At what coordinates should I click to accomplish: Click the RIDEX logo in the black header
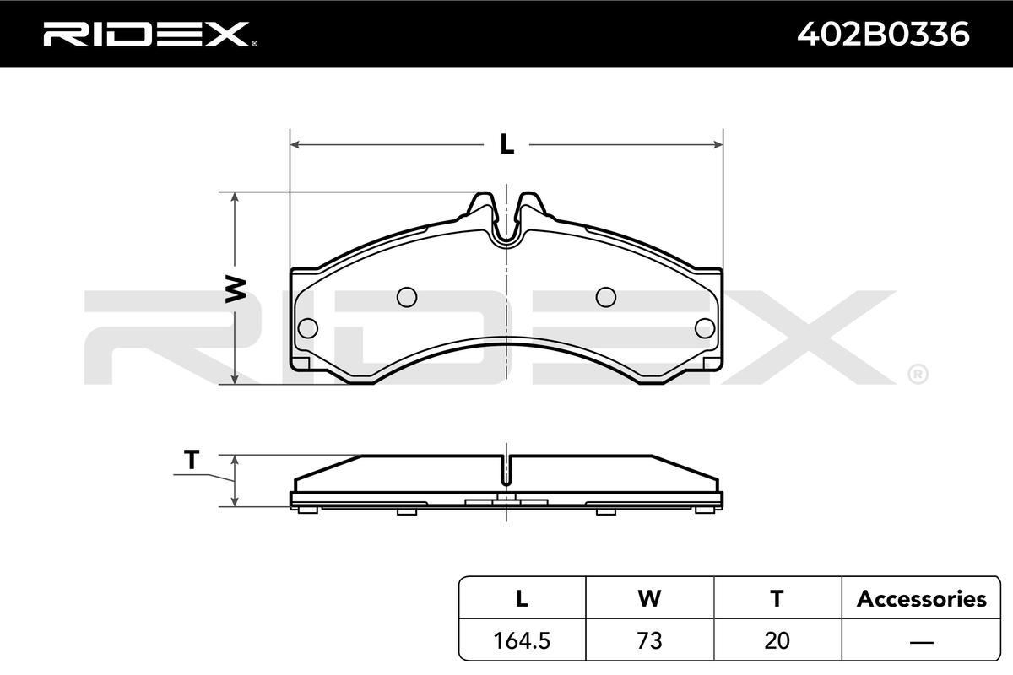(x=150, y=34)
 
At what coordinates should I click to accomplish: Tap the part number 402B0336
(x=883, y=34)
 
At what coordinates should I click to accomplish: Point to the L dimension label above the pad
(x=507, y=144)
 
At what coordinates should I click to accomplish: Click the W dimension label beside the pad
(x=236, y=289)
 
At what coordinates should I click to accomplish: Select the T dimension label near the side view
(x=192, y=460)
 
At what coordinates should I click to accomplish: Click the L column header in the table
(x=522, y=598)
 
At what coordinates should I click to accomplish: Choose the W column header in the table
(x=649, y=598)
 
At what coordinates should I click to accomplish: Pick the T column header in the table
(x=777, y=598)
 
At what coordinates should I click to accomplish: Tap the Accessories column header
(x=921, y=599)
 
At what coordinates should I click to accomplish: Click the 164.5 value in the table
(x=522, y=640)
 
